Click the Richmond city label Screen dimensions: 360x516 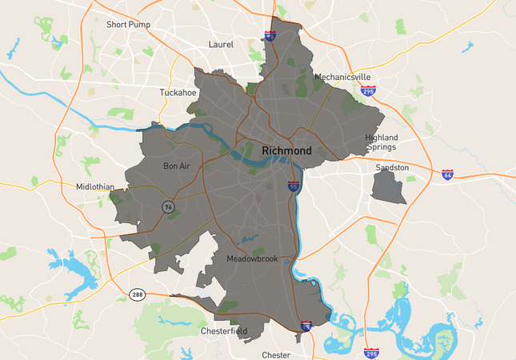pyautogui.click(x=286, y=150)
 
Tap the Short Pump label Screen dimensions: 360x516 pyautogui.click(x=129, y=25)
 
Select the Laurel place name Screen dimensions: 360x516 pyautogui.click(x=220, y=45)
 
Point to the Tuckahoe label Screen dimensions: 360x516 pyautogui.click(x=178, y=93)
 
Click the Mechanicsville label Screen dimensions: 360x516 pyautogui.click(x=342, y=78)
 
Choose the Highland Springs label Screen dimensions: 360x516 pyautogui.click(x=382, y=142)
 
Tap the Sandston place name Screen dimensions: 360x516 pyautogui.click(x=392, y=168)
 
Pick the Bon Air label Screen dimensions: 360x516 pyautogui.click(x=177, y=166)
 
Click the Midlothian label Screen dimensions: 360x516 pyautogui.click(x=95, y=187)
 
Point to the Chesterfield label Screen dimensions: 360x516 pyautogui.click(x=224, y=330)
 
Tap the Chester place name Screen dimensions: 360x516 pyautogui.click(x=276, y=354)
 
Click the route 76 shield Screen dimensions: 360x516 pyautogui.click(x=168, y=206)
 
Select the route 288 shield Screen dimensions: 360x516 pyautogui.click(x=138, y=294)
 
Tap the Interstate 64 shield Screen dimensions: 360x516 pyautogui.click(x=447, y=174)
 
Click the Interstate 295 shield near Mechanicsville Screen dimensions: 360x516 pyautogui.click(x=369, y=92)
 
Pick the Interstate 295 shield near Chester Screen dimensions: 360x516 pyautogui.click(x=371, y=352)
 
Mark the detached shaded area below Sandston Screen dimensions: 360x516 pyautogui.click(x=386, y=187)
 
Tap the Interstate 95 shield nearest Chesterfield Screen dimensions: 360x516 pyautogui.click(x=306, y=326)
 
